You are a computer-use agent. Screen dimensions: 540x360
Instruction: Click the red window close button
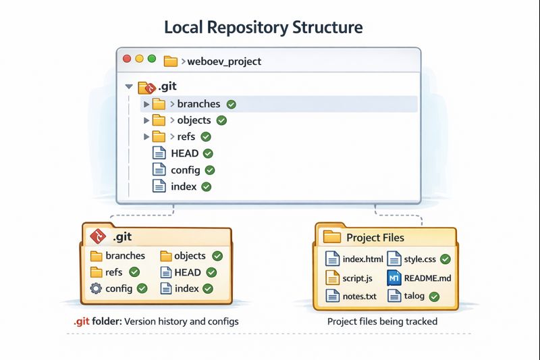tap(127, 59)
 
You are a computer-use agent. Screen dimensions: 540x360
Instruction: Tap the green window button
tap(152, 59)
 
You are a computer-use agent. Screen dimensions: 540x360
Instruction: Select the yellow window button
tap(140, 59)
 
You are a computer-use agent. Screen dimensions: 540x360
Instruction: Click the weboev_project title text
tap(224, 61)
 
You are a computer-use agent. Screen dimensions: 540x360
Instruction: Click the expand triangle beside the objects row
tap(146, 120)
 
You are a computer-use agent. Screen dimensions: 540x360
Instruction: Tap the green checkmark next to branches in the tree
tap(232, 104)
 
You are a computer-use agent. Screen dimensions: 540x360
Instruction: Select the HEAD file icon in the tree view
tap(159, 153)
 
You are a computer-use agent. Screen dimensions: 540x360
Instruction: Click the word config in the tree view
tap(185, 170)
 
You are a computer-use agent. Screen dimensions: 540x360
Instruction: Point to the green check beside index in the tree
tap(207, 186)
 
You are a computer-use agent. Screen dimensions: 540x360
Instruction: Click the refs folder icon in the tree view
tap(159, 136)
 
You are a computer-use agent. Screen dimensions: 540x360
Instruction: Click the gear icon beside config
tap(96, 288)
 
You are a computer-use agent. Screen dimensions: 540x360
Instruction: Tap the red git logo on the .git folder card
tap(98, 236)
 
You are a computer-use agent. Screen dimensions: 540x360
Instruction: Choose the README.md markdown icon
tap(394, 278)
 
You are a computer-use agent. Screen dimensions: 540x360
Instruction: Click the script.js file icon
tap(332, 278)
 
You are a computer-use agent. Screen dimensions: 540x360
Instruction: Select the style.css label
tap(420, 259)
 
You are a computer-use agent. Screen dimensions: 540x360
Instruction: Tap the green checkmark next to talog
tap(434, 297)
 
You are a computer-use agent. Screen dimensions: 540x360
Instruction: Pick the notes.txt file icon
tap(332, 296)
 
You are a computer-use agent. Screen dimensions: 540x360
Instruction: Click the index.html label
tap(362, 259)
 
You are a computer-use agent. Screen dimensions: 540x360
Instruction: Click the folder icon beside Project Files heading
tap(332, 237)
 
